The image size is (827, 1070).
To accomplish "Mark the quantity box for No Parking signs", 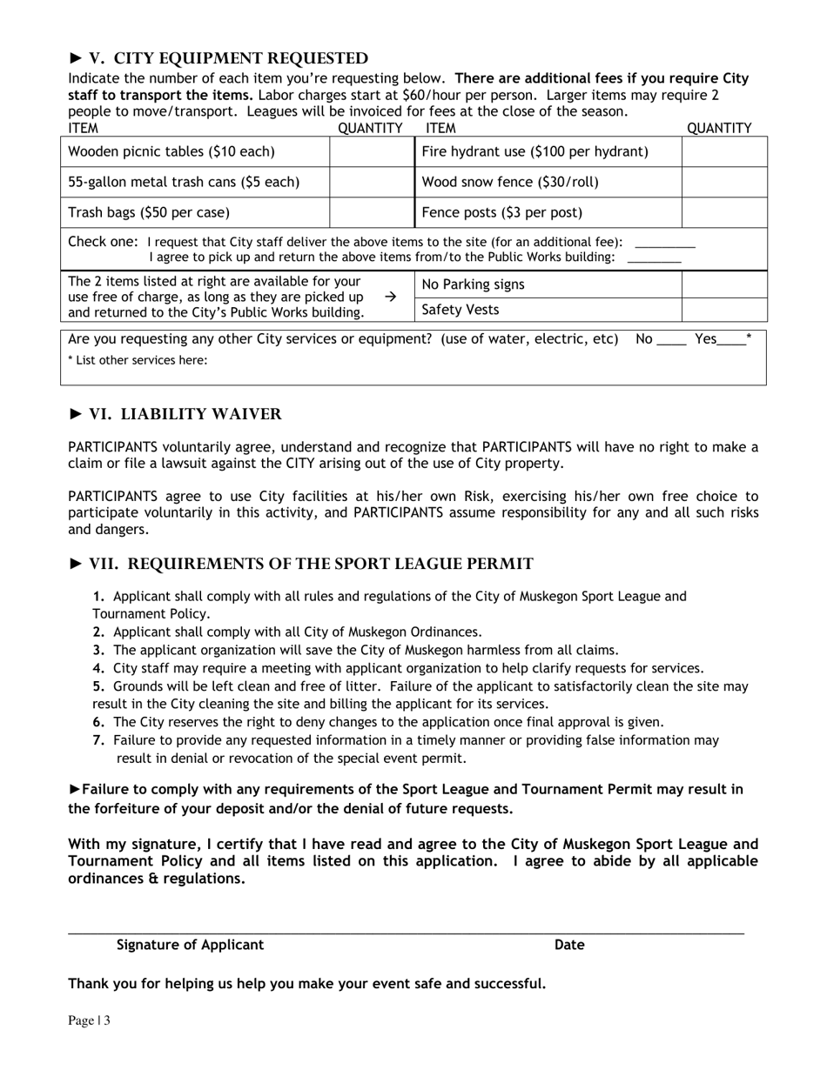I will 723,285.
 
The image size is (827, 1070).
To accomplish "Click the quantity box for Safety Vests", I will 723,311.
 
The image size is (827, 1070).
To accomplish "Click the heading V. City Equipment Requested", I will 219,59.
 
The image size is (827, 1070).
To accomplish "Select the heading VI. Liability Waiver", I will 175,415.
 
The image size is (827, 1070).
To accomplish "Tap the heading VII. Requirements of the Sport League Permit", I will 301,565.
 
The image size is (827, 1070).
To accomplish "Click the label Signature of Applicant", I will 190,946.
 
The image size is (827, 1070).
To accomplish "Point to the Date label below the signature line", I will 569,946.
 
